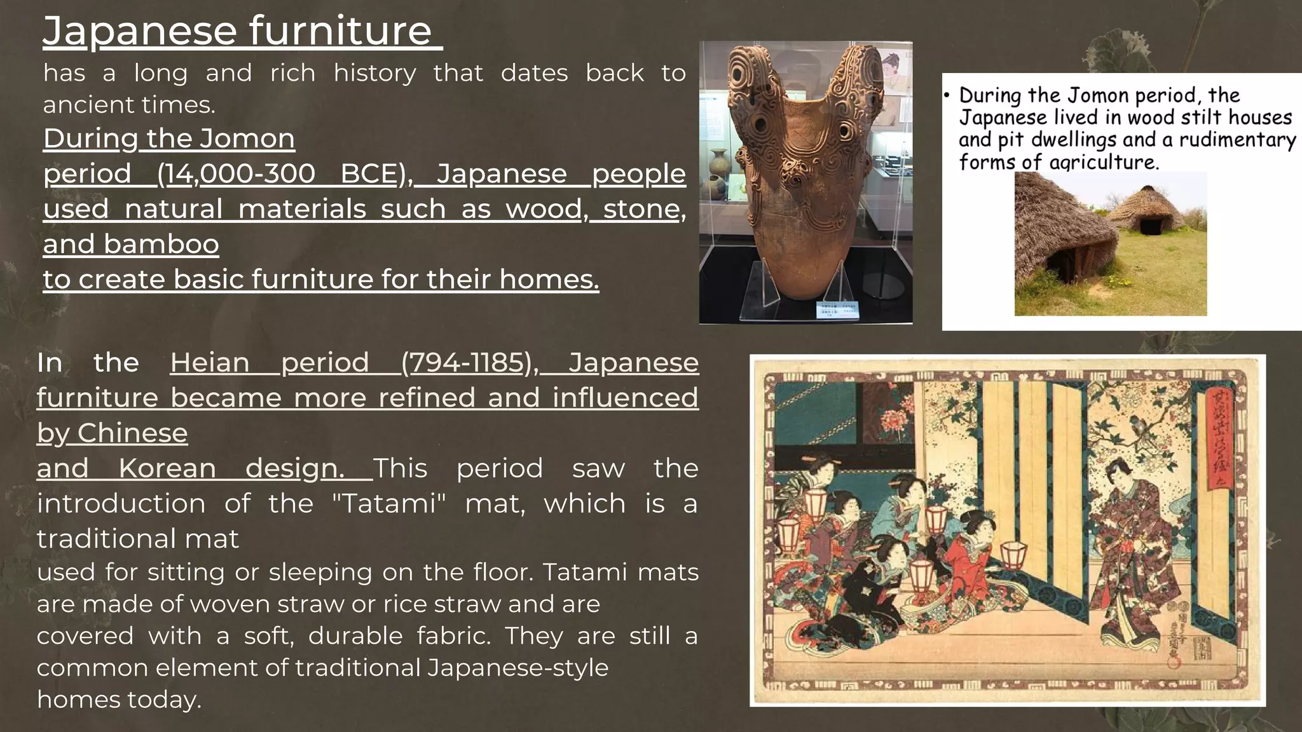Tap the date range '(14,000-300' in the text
pos(235,173)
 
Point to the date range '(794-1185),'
pos(470,363)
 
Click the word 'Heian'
pos(210,363)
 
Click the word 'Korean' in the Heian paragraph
pos(167,468)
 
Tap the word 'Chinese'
pos(132,433)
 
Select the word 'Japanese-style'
pos(517,668)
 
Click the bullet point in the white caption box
pos(947,96)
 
